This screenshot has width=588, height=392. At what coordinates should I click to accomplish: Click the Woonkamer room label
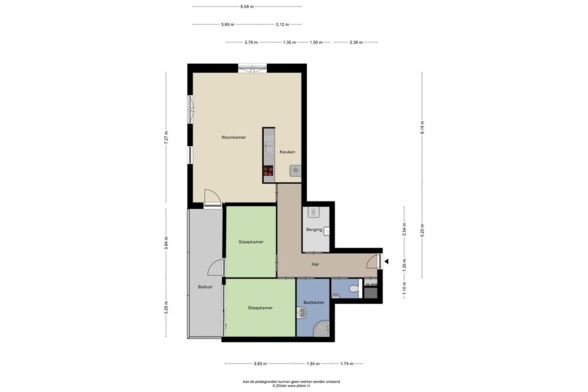(233, 137)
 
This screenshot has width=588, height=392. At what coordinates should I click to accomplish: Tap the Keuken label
(287, 152)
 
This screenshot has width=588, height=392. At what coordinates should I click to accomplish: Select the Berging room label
(314, 229)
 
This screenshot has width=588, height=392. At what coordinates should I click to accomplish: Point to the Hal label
(315, 265)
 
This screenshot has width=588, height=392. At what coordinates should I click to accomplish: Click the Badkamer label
(314, 302)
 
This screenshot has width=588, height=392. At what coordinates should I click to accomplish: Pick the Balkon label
(205, 287)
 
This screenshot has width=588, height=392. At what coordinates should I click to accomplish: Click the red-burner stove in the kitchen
(269, 171)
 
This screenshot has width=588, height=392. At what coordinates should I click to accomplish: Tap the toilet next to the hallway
(354, 289)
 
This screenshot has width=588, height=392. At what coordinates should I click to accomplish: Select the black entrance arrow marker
(387, 261)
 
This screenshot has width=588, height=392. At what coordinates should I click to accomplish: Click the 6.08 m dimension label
(247, 6)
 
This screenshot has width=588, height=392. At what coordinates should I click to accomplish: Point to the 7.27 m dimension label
(166, 137)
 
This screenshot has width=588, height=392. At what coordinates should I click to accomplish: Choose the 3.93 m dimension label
(260, 364)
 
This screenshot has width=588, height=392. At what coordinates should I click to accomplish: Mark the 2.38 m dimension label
(356, 42)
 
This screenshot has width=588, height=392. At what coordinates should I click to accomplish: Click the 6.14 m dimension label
(422, 127)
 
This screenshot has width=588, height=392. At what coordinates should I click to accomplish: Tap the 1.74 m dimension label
(347, 364)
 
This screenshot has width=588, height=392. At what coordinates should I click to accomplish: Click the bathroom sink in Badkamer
(301, 313)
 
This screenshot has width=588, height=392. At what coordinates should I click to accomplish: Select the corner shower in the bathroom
(321, 328)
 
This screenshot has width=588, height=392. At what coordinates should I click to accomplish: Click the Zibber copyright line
(291, 386)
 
